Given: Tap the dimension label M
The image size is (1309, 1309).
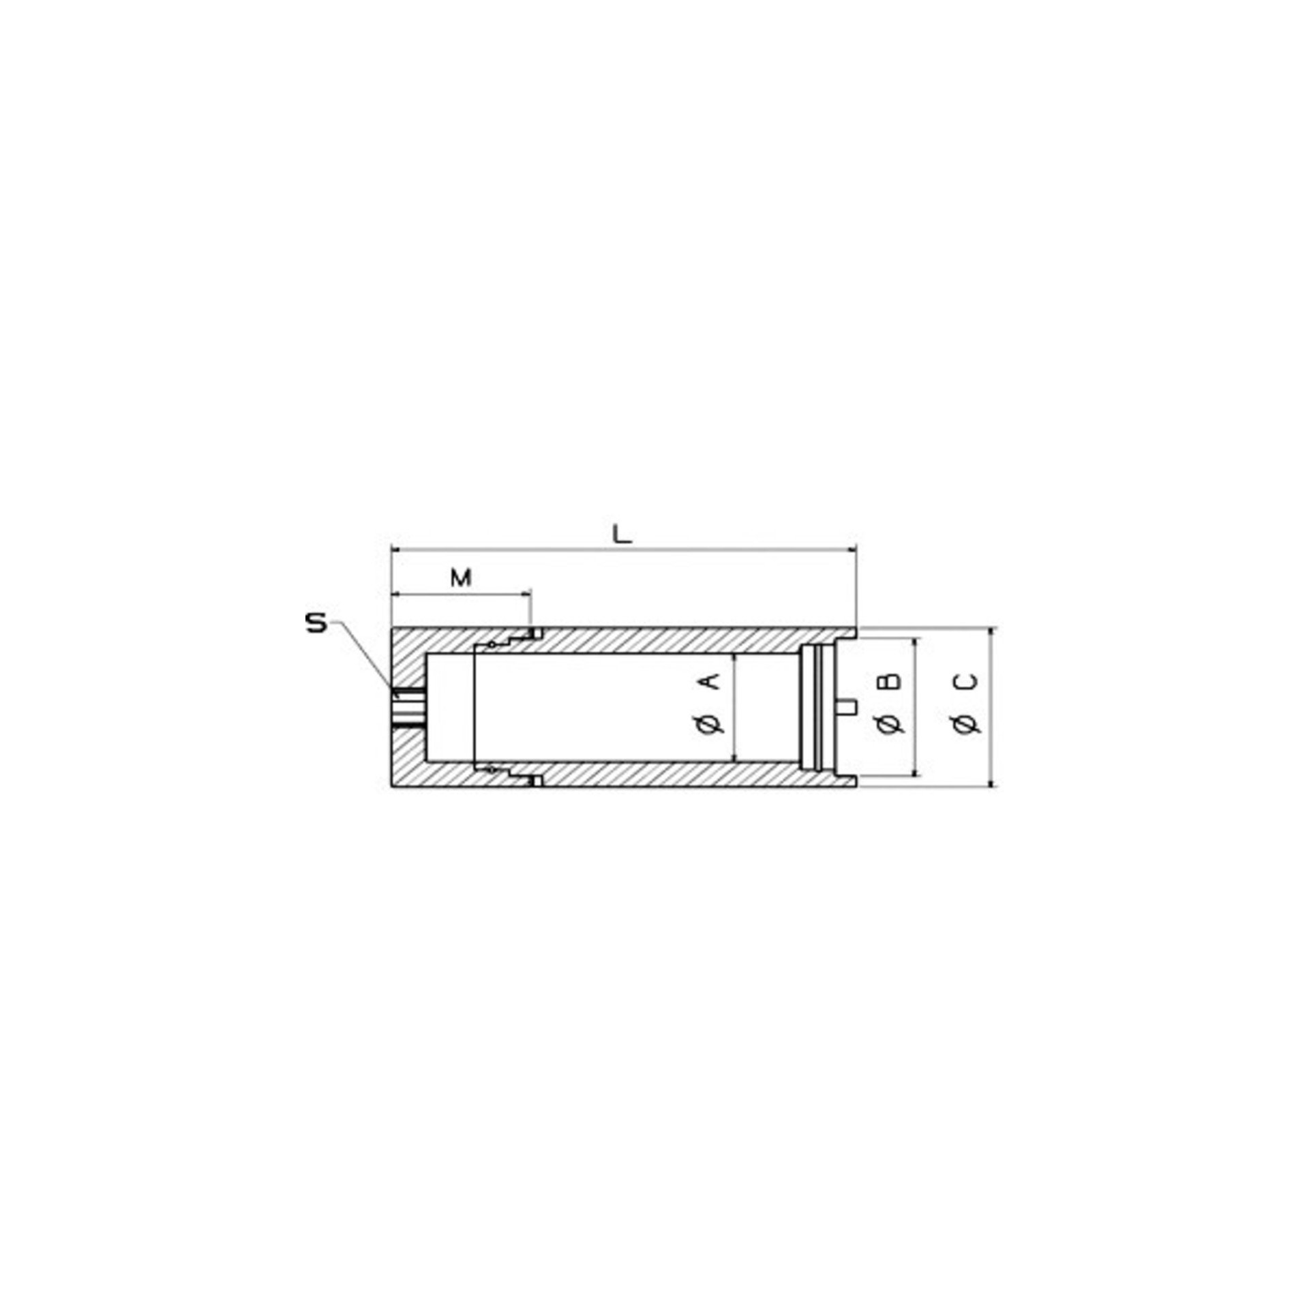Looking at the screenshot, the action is (462, 578).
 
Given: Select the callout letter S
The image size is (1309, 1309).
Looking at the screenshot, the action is (316, 625).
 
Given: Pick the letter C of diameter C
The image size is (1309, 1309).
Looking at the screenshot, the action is (967, 681).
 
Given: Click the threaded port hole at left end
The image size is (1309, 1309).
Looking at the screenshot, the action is (408, 706).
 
